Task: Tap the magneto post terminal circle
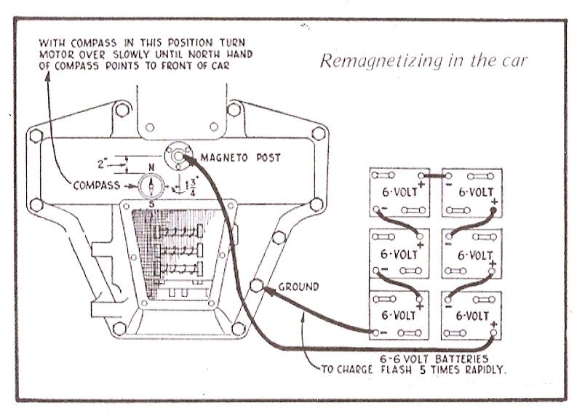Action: [x=176, y=156]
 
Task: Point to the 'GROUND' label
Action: [x=298, y=287]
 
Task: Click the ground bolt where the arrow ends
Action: [x=256, y=285]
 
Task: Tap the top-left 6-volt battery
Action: [x=399, y=193]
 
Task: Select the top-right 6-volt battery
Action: [x=472, y=193]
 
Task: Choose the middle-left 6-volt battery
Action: [x=399, y=254]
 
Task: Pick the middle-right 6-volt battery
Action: [x=472, y=254]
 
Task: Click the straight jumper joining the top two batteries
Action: [x=434, y=176]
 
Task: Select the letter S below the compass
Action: [x=151, y=204]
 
